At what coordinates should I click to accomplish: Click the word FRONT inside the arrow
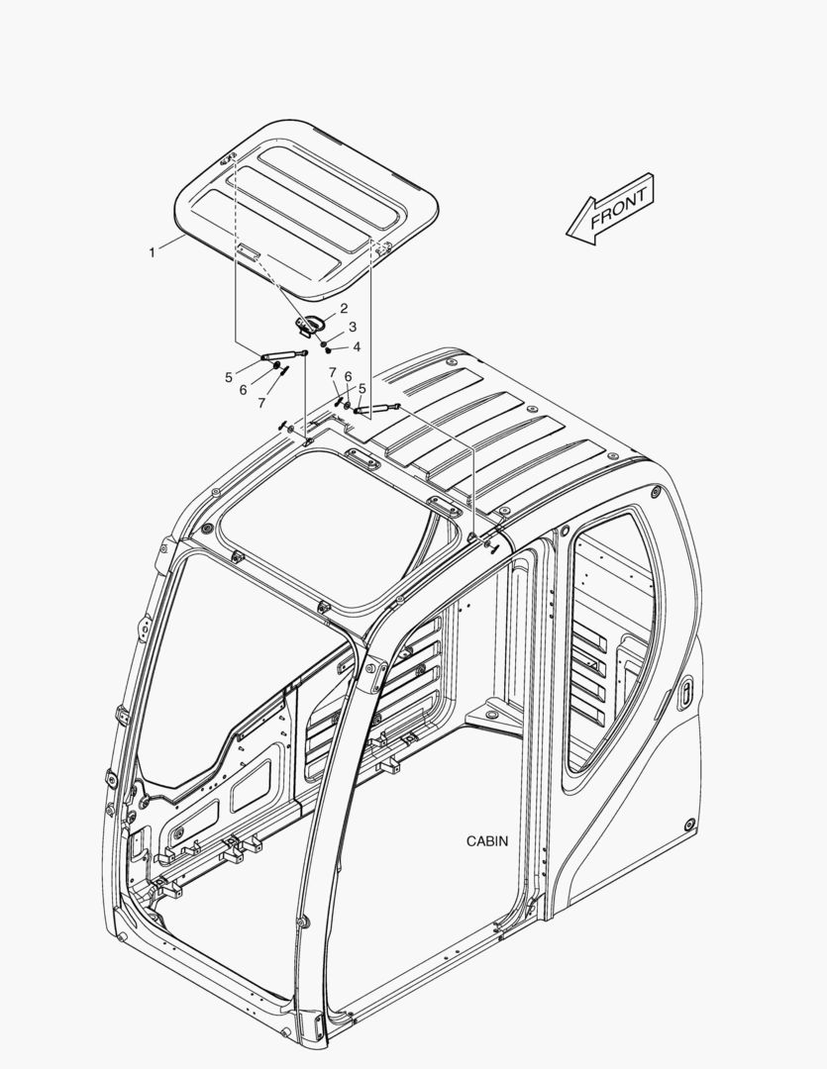[x=618, y=209]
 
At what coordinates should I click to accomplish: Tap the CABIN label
[x=487, y=841]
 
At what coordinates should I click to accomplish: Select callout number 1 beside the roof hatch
[x=153, y=252]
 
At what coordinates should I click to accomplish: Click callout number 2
[x=344, y=308]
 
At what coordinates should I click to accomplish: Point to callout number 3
[x=352, y=327]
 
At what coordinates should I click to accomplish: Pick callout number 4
[x=357, y=347]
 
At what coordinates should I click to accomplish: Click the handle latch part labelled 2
[x=310, y=324]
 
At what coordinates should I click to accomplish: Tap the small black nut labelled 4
[x=328, y=349]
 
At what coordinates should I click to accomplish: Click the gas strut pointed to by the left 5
[x=284, y=354]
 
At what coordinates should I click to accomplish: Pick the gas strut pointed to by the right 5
[x=376, y=409]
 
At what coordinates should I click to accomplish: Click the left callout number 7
[x=261, y=403]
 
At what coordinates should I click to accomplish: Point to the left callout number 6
[x=243, y=390]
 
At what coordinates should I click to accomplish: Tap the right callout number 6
[x=348, y=376]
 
